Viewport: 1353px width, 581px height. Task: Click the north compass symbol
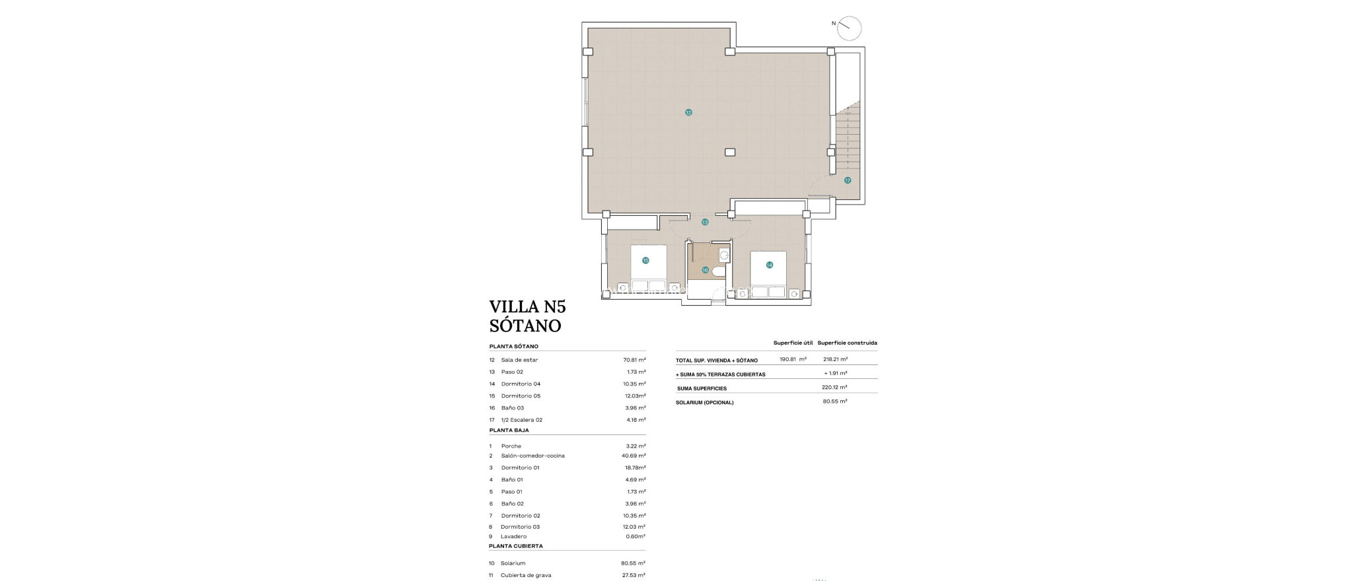click(x=849, y=28)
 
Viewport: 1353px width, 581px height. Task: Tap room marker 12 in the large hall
click(x=688, y=113)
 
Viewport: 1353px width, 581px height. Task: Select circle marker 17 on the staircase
click(x=848, y=180)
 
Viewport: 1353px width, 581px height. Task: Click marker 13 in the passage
click(x=705, y=222)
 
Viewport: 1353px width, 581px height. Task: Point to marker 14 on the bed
click(x=769, y=265)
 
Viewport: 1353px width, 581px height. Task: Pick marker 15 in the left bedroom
click(x=645, y=261)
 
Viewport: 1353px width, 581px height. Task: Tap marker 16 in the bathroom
click(x=705, y=270)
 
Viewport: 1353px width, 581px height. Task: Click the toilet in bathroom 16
click(x=719, y=271)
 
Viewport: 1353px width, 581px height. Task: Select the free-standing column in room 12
click(x=729, y=152)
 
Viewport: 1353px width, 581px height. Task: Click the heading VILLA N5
click(x=527, y=307)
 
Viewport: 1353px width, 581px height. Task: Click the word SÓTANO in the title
click(x=525, y=325)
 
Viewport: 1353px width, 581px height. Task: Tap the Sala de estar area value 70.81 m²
click(x=634, y=360)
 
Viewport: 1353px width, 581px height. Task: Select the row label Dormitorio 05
click(x=521, y=396)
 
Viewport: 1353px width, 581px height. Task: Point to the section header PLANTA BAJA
click(x=509, y=430)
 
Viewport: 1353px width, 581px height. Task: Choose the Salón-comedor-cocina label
click(x=532, y=456)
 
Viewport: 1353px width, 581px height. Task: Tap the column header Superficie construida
click(x=847, y=343)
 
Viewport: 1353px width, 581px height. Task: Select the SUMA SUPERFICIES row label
click(x=702, y=388)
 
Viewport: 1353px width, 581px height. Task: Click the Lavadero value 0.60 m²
click(x=635, y=537)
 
